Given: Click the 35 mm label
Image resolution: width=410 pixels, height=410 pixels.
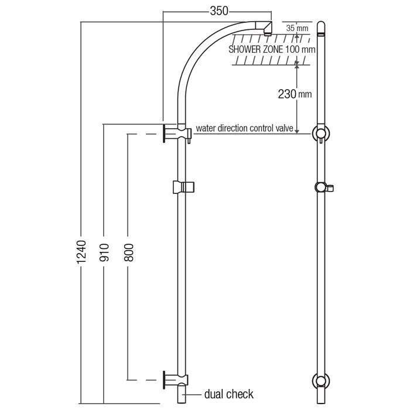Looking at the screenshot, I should point(298,28).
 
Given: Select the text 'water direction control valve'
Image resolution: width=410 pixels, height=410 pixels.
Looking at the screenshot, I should point(244,128).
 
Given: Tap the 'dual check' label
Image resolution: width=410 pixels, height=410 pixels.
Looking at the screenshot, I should point(230,394).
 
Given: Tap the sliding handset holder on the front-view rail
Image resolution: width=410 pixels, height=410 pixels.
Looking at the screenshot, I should point(184,187).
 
